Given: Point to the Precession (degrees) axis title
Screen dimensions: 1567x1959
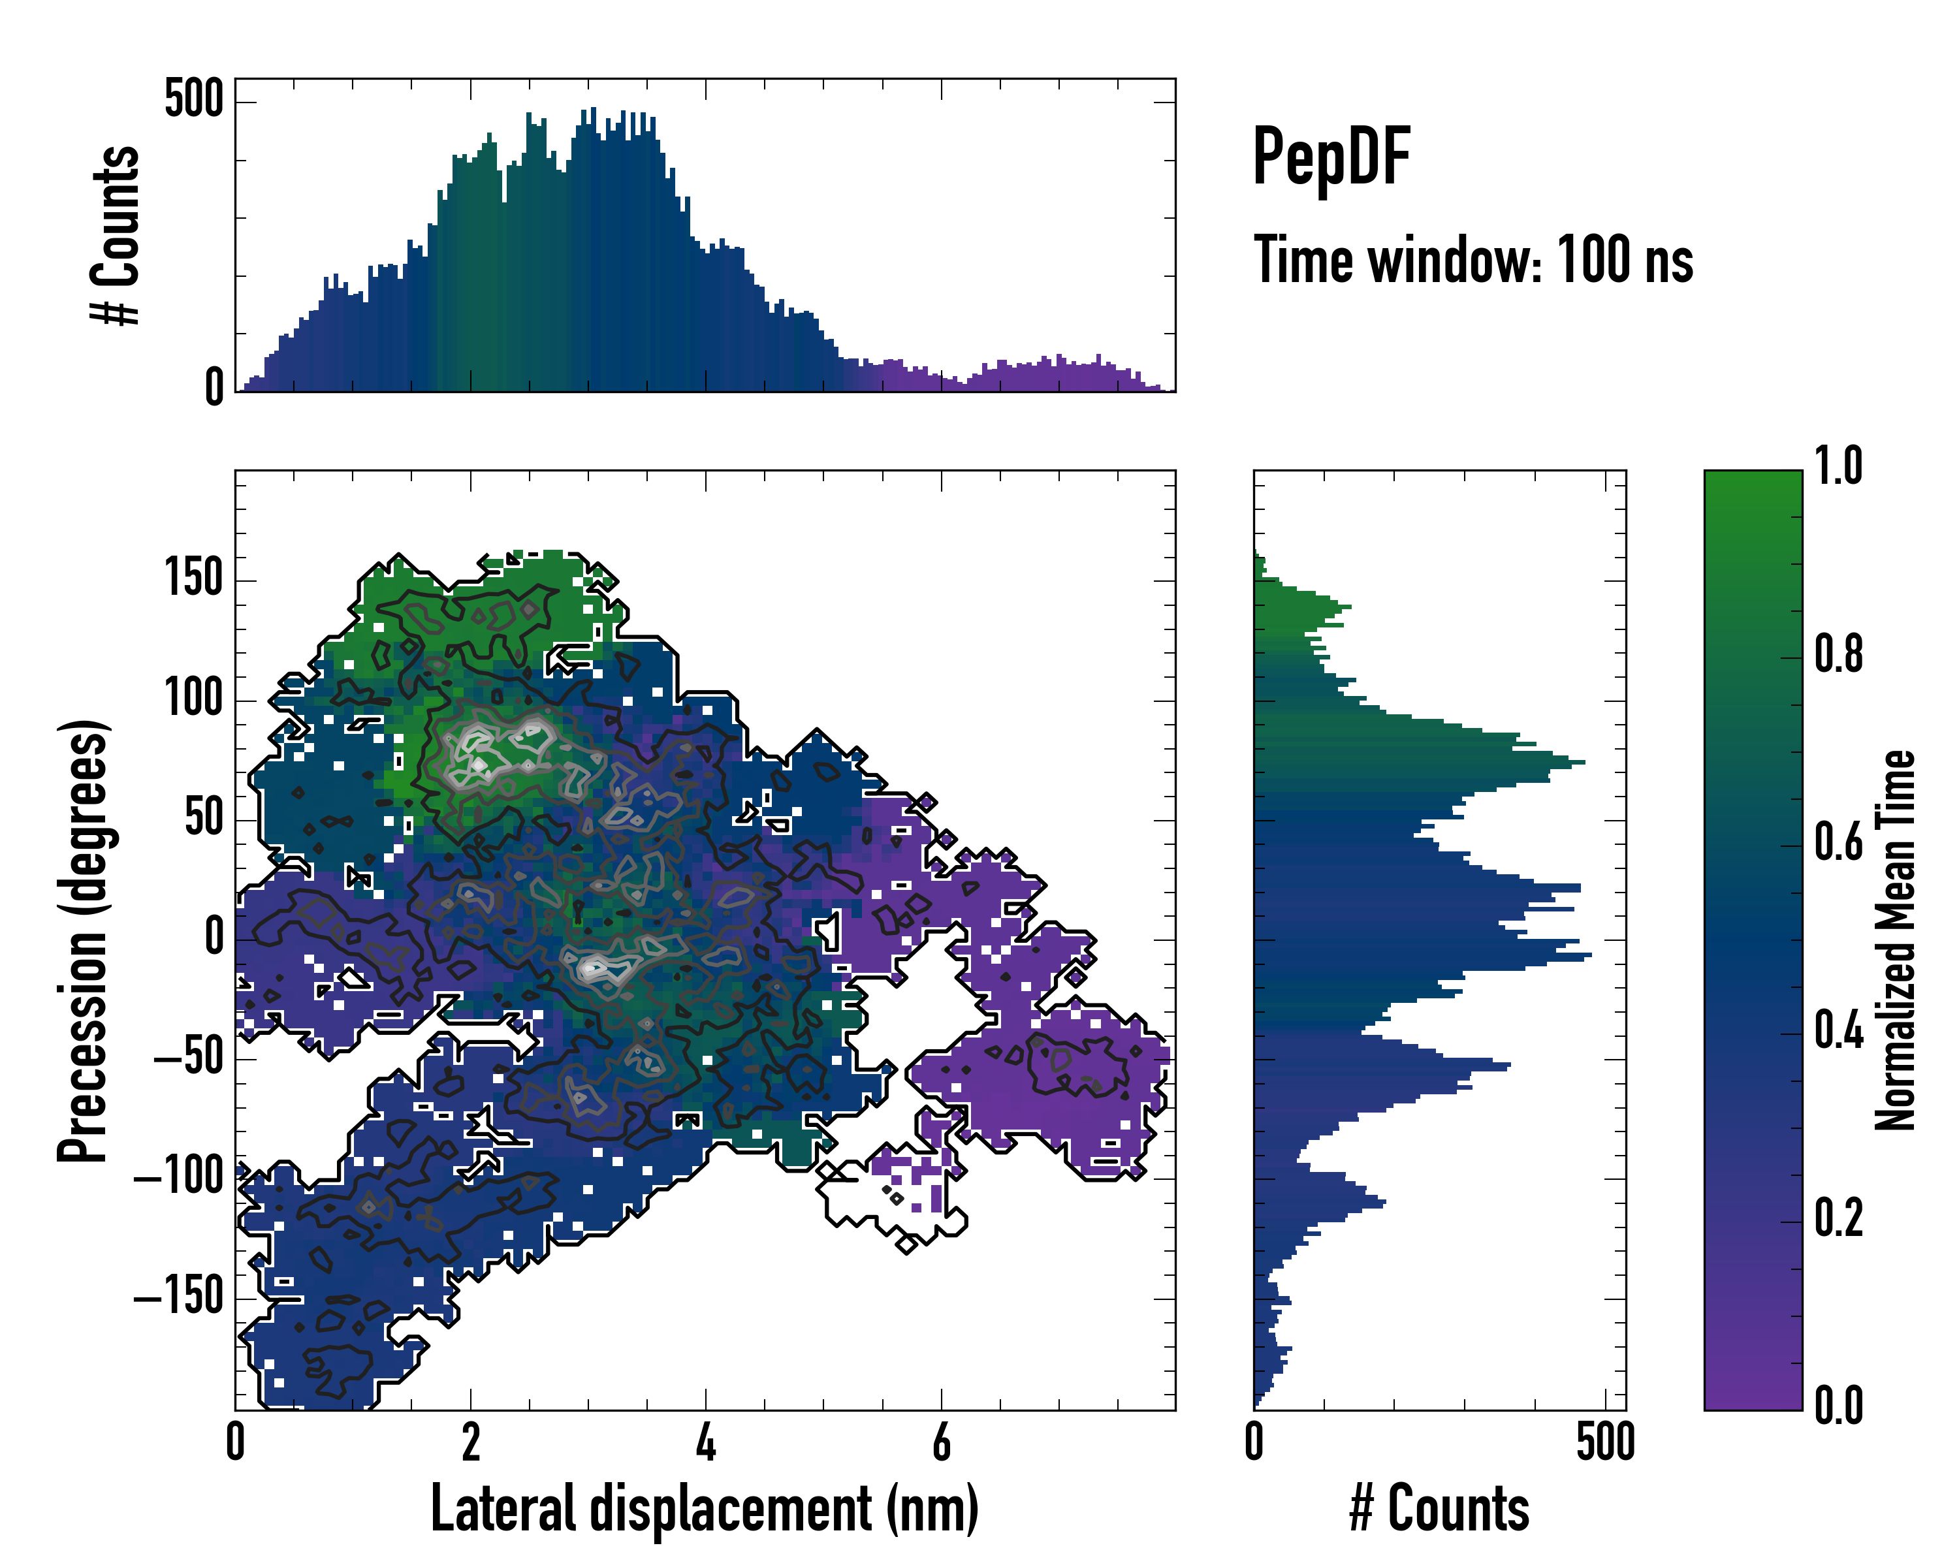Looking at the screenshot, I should (84, 940).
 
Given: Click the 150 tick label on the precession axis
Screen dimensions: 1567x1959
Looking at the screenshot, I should (193, 578).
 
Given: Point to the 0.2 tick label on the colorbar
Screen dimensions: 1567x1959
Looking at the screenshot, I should (1838, 1218).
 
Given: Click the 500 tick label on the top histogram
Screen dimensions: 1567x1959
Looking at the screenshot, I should (193, 98).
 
